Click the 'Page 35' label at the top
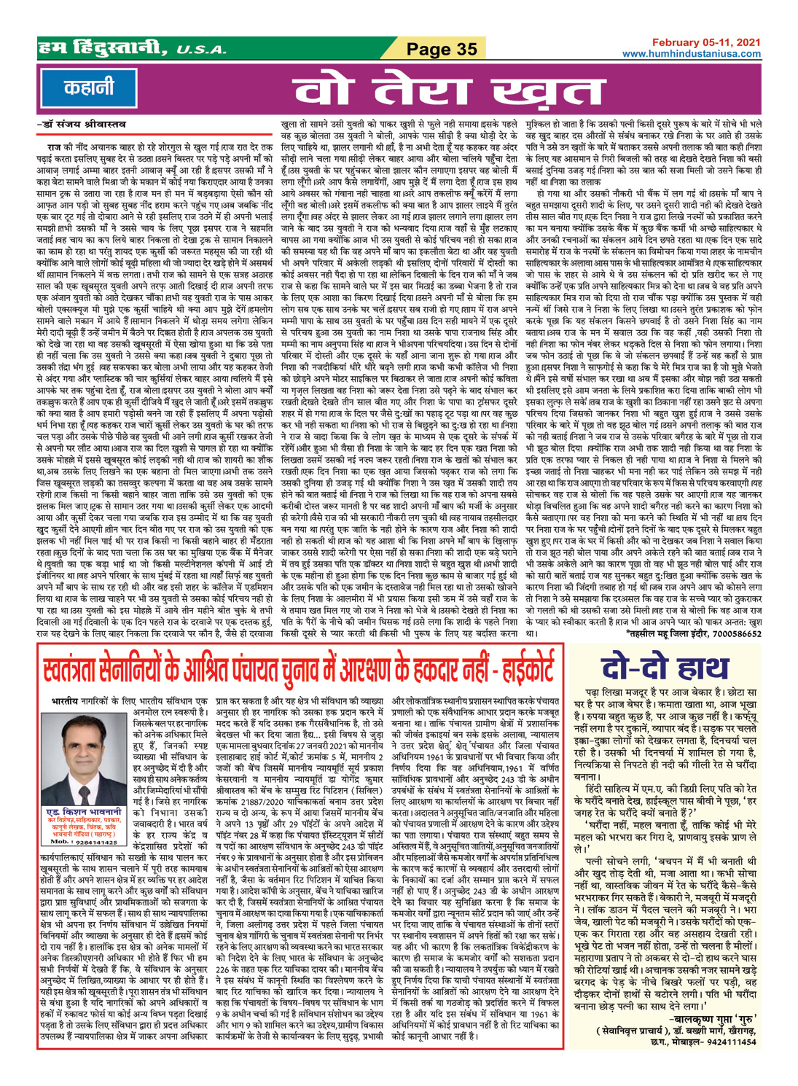pyautogui.click(x=442, y=49)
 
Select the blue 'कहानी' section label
pyautogui.click(x=88, y=88)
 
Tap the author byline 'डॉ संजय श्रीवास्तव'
pyautogui.click(x=81, y=125)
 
